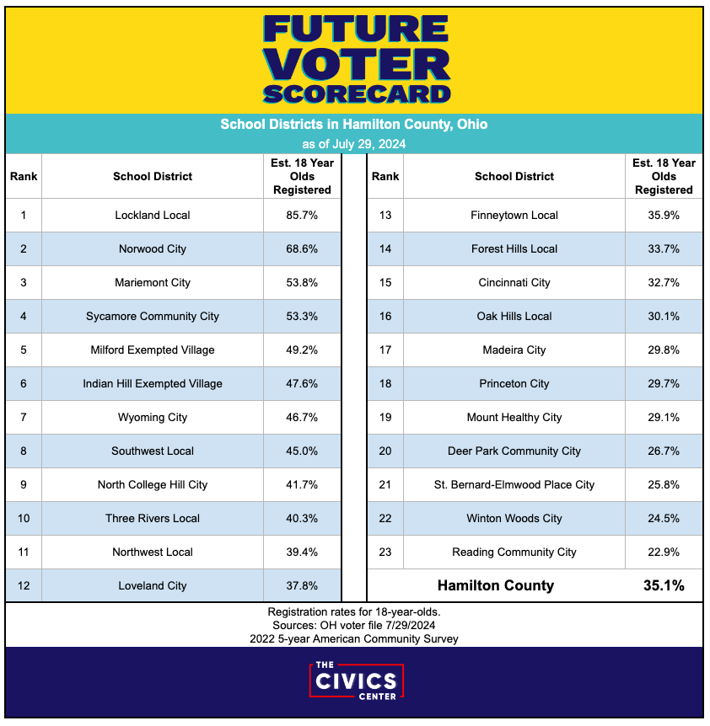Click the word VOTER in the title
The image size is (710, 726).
click(355, 64)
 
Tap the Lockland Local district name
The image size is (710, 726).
click(153, 216)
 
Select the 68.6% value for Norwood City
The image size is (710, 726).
click(302, 249)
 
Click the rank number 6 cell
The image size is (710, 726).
click(24, 384)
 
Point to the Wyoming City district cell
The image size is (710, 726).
click(153, 418)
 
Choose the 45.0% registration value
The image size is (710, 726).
click(302, 451)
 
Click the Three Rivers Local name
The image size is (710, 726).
click(153, 519)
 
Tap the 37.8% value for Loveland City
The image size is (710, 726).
click(302, 586)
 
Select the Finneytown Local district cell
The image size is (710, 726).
click(514, 216)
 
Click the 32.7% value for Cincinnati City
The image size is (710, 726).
click(664, 283)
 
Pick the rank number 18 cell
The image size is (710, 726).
click(385, 384)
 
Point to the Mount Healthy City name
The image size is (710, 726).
click(514, 418)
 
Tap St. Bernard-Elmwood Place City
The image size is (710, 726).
click(514, 485)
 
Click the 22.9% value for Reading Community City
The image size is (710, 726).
click(664, 553)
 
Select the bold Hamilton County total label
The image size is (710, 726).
click(496, 585)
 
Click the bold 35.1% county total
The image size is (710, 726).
click(664, 585)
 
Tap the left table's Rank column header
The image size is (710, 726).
click(24, 177)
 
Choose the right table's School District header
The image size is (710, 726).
click(514, 177)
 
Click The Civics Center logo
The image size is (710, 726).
click(355, 681)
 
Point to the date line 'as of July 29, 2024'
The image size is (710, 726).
click(354, 144)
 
